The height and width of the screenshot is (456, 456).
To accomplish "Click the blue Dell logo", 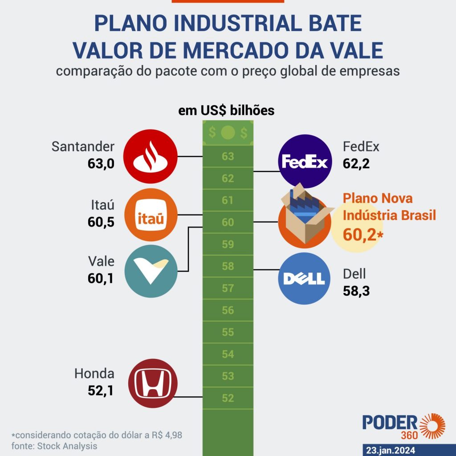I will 305,278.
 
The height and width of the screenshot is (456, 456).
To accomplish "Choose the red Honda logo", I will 152,384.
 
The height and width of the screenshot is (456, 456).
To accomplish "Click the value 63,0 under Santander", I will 101,164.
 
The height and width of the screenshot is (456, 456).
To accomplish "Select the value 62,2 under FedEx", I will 356,164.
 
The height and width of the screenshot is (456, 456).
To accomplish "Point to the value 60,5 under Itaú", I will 101,222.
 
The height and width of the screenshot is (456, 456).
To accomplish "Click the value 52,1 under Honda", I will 101,391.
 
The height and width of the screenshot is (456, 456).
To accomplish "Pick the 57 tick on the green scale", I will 228,289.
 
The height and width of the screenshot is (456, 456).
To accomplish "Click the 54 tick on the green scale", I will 228,354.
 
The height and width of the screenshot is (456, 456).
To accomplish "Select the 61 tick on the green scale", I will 228,201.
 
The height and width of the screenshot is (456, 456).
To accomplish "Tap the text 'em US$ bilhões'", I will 226,110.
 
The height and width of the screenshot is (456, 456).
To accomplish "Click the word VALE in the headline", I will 350,50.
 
